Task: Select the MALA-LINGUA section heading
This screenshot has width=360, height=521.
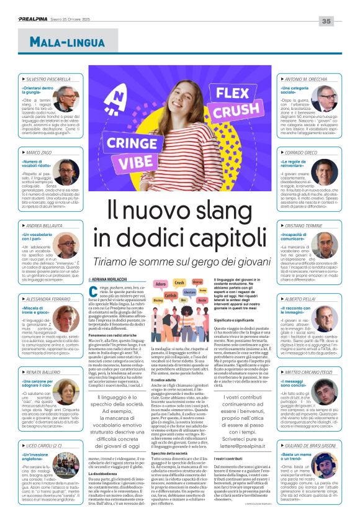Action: pyautogui.click(x=61, y=41)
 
